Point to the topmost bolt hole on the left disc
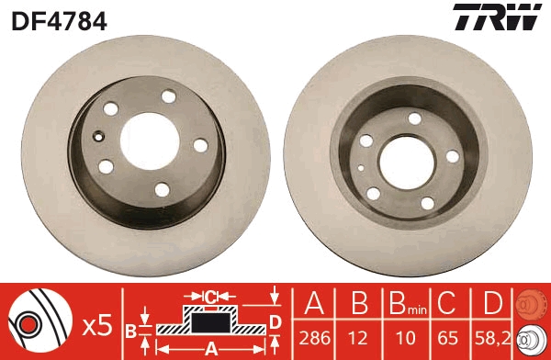[168, 96]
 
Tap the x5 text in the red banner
[96, 325]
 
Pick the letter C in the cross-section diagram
[210, 297]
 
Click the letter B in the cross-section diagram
[131, 330]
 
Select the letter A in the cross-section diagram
[209, 348]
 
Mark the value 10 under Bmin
[403, 336]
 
